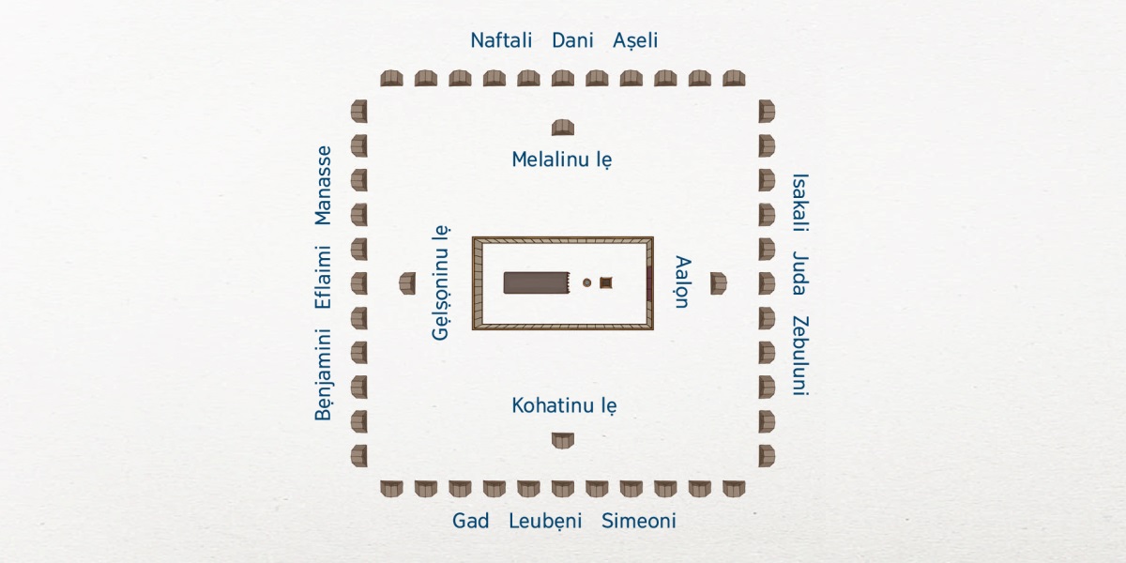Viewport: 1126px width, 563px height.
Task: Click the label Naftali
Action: click(x=501, y=40)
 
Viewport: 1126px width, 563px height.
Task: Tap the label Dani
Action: click(x=572, y=40)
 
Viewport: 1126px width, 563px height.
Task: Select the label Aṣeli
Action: click(x=635, y=40)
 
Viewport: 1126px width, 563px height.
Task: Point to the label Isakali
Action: click(x=799, y=202)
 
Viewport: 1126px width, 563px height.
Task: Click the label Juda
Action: click(x=799, y=271)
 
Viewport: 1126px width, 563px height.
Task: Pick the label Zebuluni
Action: click(x=799, y=356)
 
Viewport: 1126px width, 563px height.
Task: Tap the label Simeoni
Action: click(x=638, y=521)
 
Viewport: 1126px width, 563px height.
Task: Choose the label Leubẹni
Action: click(x=545, y=521)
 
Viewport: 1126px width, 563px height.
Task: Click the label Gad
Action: click(x=470, y=521)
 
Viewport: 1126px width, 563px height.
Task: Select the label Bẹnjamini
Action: click(x=324, y=373)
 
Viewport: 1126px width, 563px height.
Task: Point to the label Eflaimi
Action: click(x=324, y=277)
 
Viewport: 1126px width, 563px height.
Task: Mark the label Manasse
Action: click(x=324, y=185)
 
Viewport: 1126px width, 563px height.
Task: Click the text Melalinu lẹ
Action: click(x=562, y=160)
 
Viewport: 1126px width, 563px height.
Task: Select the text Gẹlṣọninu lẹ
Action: click(x=442, y=282)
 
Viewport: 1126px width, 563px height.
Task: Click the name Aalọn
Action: click(x=682, y=281)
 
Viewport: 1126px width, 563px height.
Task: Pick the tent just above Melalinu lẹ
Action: click(x=563, y=128)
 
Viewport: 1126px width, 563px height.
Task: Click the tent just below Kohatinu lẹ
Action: click(x=563, y=439)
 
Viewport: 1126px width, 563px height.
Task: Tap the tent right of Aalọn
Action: click(x=718, y=282)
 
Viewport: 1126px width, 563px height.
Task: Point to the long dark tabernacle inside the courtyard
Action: click(x=537, y=282)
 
